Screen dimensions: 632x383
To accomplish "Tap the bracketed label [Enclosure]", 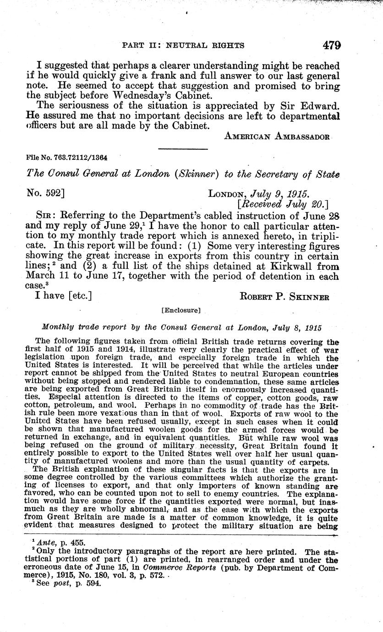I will (181, 311).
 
